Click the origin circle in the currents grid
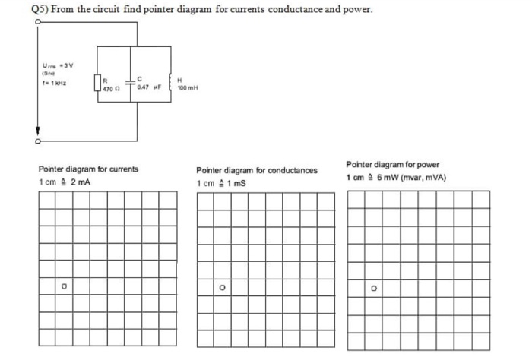(x=65, y=287)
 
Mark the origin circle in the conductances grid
(x=222, y=288)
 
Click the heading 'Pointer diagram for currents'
(x=88, y=169)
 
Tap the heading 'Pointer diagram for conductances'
(x=256, y=171)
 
